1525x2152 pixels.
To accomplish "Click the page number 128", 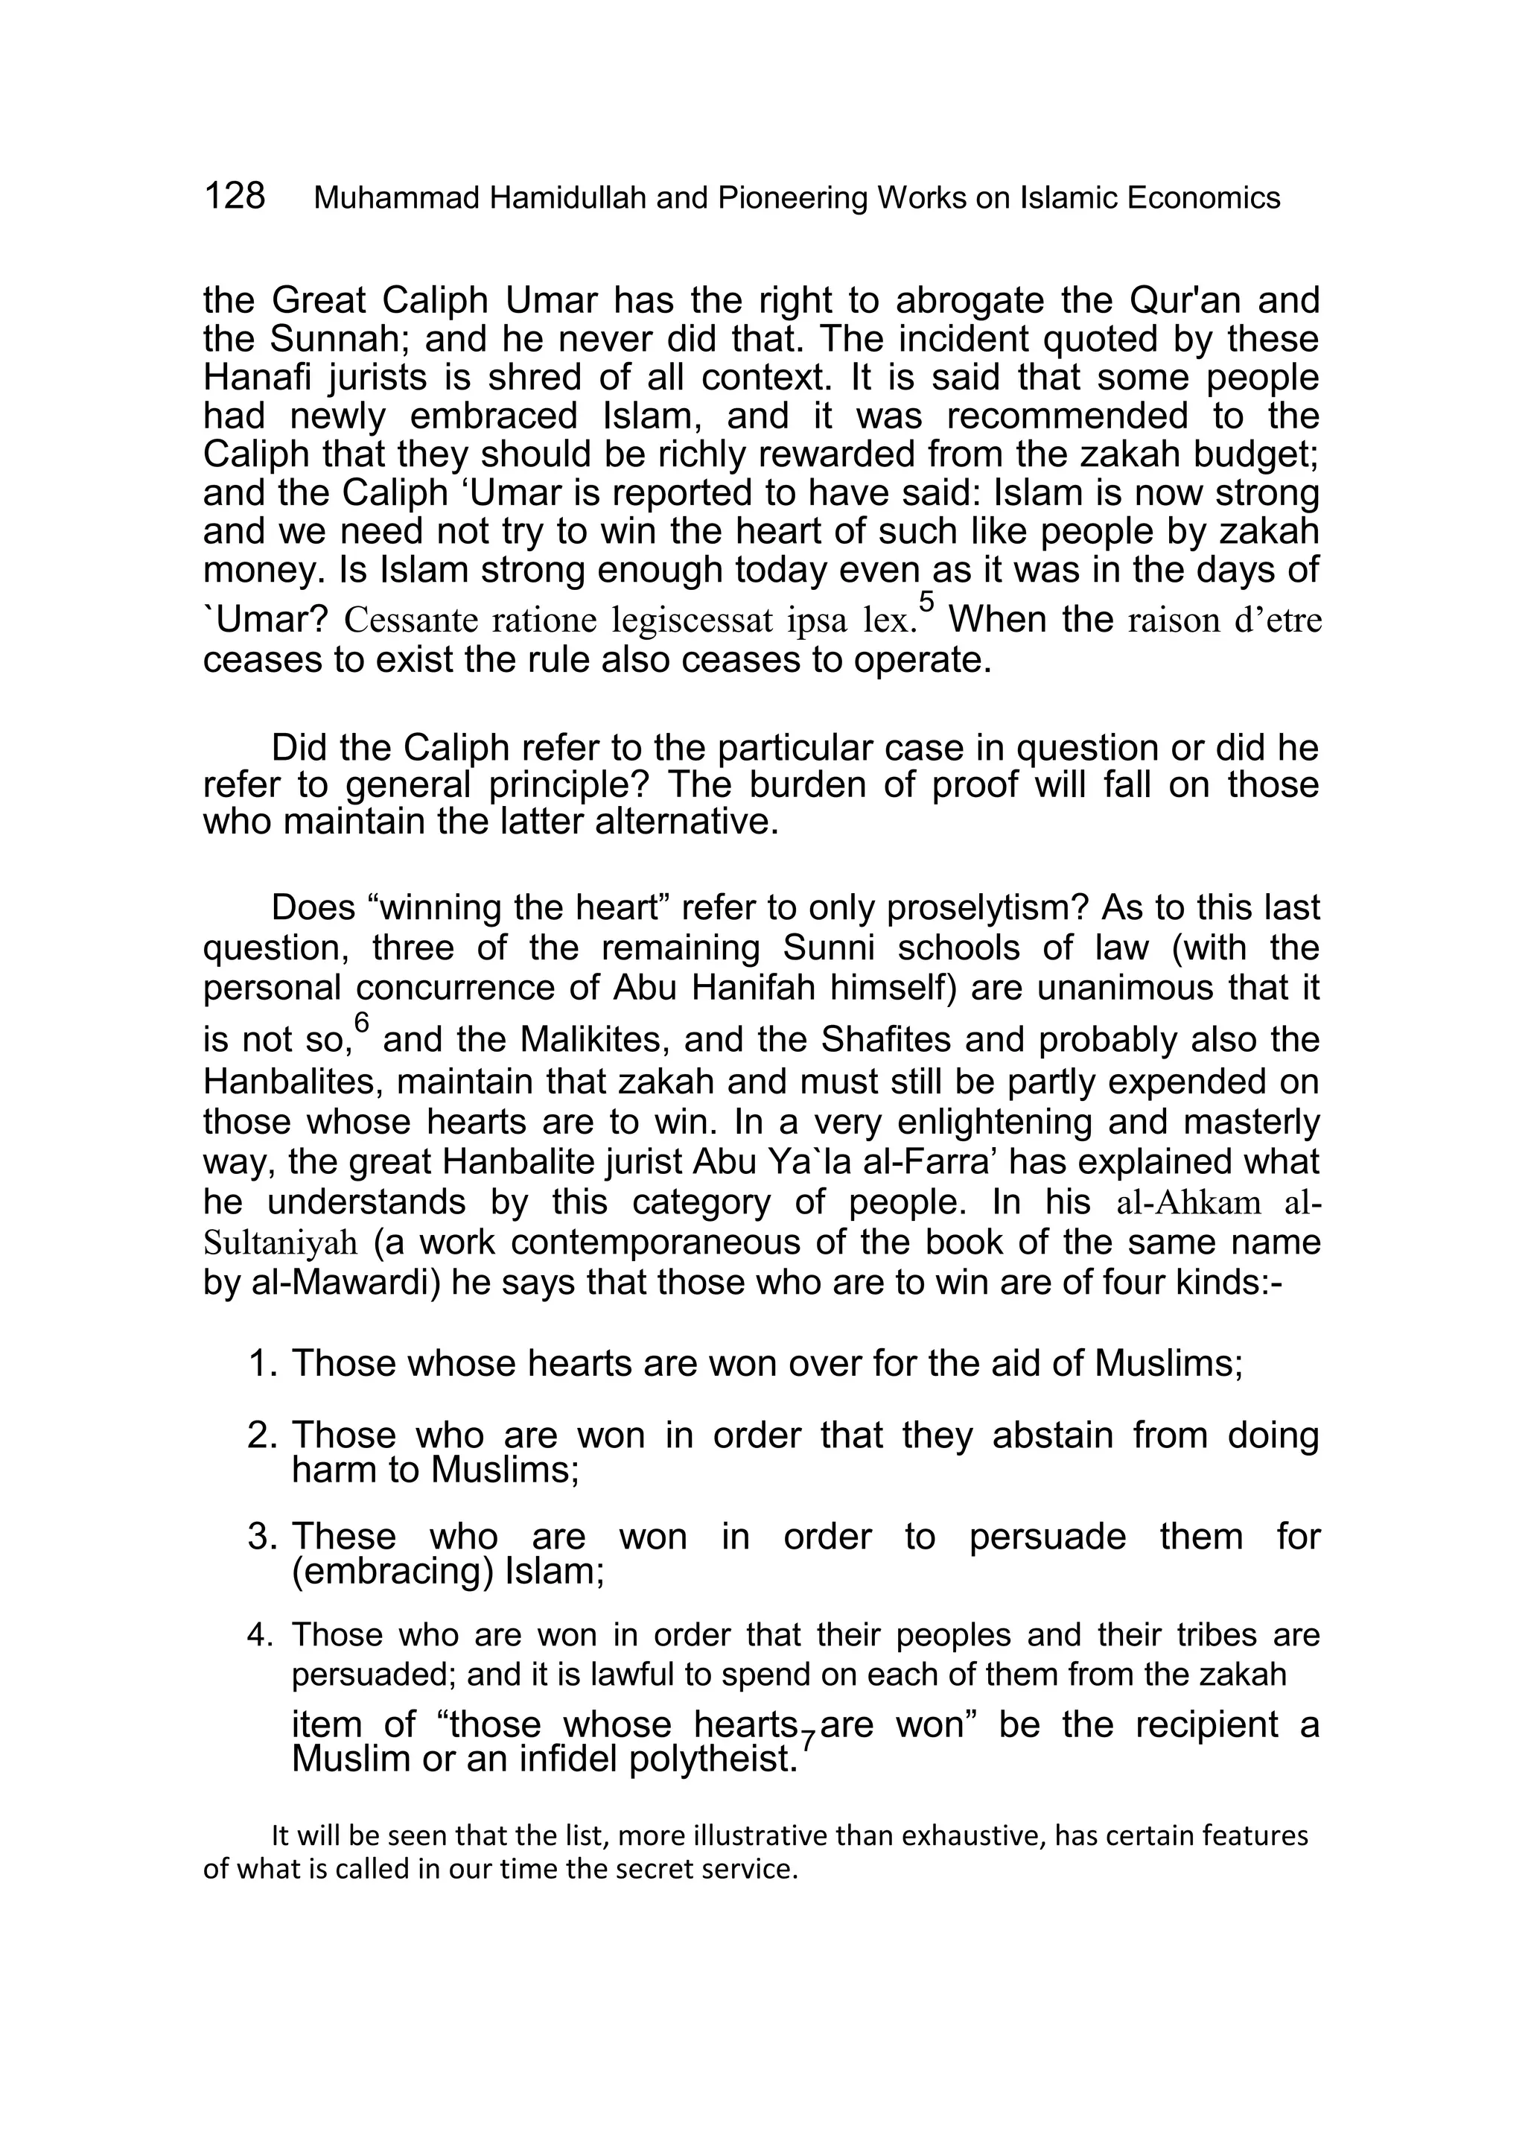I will click(234, 197).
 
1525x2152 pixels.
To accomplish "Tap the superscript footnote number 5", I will click(927, 601).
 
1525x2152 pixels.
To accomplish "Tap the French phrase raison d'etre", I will click(1231, 621).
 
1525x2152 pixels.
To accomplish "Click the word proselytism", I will click(986, 908).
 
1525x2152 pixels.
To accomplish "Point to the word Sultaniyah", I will click(280, 1242).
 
